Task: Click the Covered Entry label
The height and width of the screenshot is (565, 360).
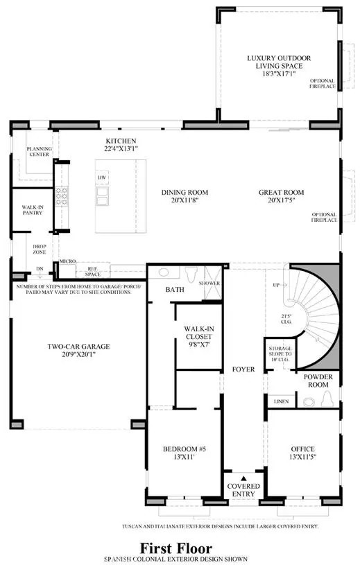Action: (x=243, y=490)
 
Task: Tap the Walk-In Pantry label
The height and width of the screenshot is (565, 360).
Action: (x=33, y=209)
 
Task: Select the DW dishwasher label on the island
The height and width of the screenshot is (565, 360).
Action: (x=102, y=178)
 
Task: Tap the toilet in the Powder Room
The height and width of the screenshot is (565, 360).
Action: (x=327, y=398)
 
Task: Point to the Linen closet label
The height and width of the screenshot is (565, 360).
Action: (x=281, y=401)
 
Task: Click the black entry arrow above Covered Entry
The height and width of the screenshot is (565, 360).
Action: (x=243, y=477)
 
